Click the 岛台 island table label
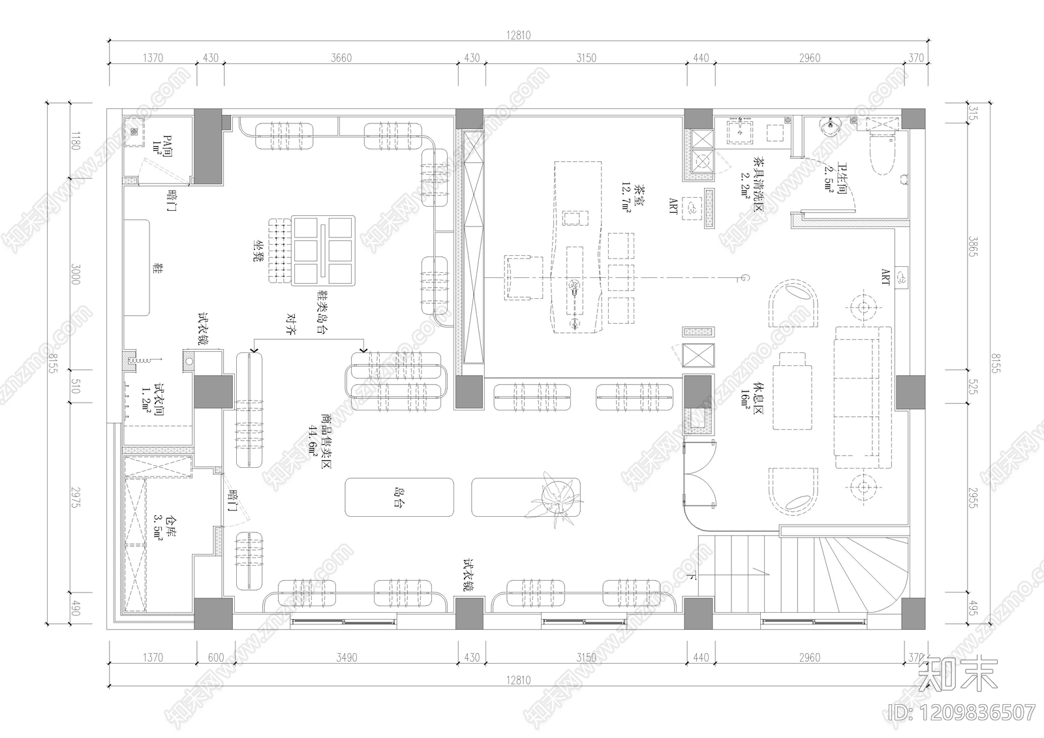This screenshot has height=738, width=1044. (398, 497)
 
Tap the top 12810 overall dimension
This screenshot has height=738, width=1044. (518, 36)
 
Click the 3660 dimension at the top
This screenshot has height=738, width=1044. (341, 58)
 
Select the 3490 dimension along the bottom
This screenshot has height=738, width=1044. (346, 658)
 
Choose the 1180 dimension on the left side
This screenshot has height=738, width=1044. (75, 141)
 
